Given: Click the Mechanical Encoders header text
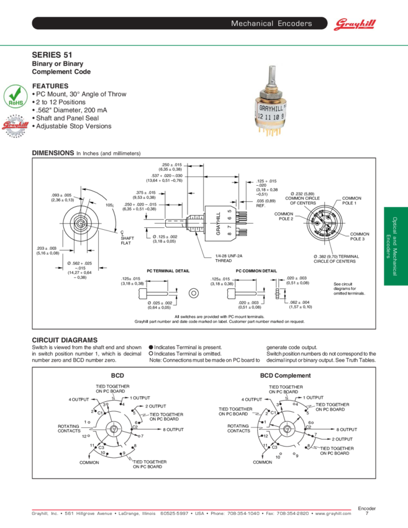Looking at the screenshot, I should tap(271, 24).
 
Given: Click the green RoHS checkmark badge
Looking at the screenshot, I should tap(14, 97).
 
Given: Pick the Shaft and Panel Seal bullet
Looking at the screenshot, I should tap(66, 118).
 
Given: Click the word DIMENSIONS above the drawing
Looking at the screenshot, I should tap(53, 153).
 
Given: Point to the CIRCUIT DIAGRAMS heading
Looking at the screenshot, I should tap(65, 340).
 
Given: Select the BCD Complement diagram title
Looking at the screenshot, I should tap(285, 376).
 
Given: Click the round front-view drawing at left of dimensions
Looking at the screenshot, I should tap(79, 222).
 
